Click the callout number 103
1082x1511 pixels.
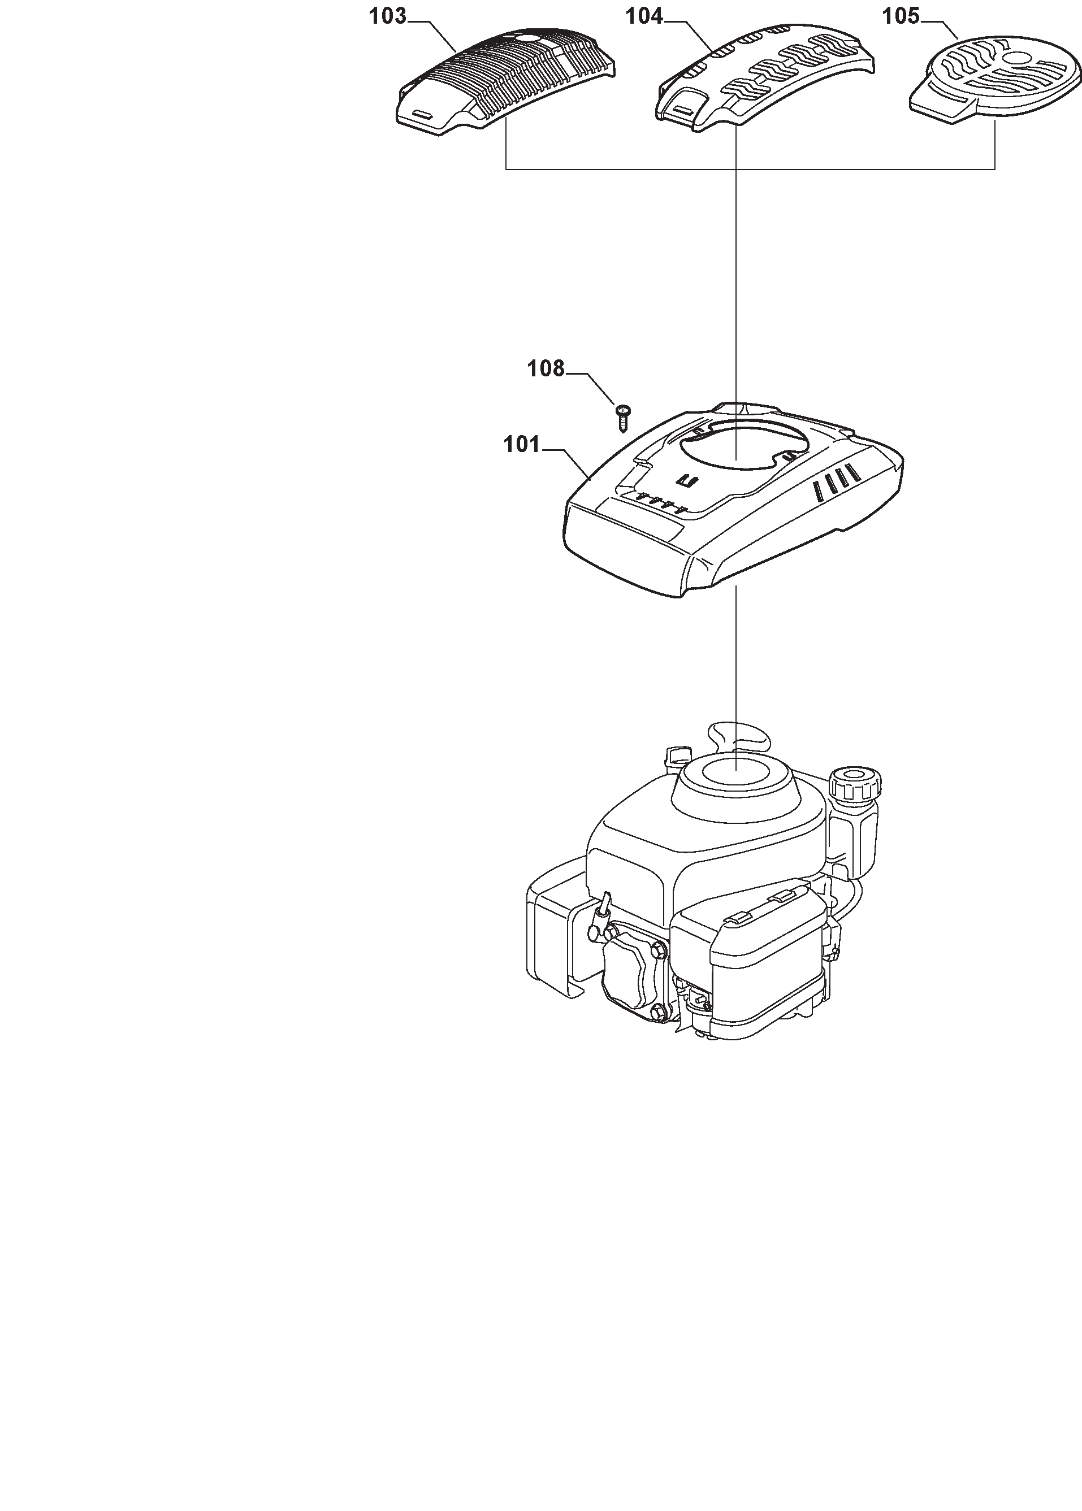(388, 16)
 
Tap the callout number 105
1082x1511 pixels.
(901, 16)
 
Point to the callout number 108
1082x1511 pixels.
(546, 368)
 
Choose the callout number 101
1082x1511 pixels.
(522, 444)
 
